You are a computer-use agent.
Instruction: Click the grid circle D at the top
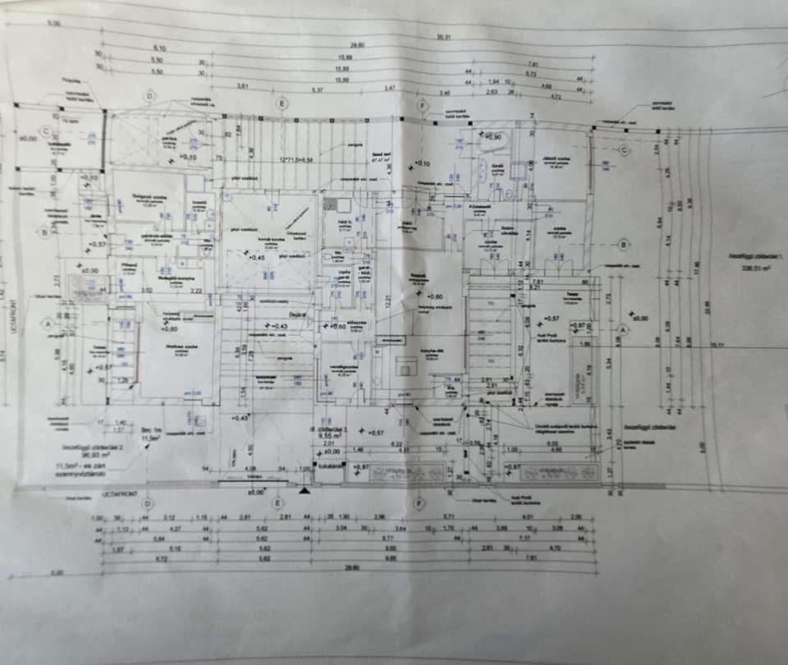click(x=149, y=97)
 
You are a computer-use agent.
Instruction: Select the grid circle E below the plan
click(x=278, y=503)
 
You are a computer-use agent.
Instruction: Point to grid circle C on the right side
click(x=624, y=149)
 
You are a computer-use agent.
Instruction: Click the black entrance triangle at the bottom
click(x=305, y=491)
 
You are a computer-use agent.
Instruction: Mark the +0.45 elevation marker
click(x=255, y=257)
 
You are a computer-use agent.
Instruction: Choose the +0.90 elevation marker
click(x=492, y=137)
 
